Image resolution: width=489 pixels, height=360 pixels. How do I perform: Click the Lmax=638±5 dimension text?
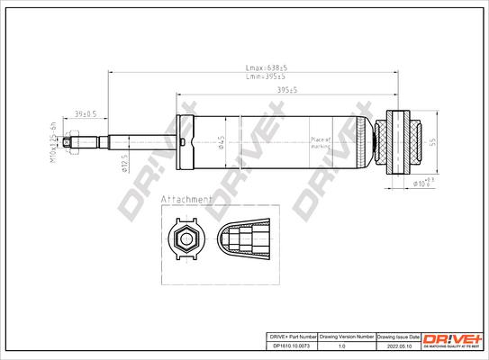pyautogui.click(x=267, y=68)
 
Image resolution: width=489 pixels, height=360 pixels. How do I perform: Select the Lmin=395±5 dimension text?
pyautogui.click(x=267, y=78)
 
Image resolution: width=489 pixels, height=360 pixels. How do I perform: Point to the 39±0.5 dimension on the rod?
pyautogui.click(x=86, y=114)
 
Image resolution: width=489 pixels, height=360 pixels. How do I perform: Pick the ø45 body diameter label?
pyautogui.click(x=222, y=141)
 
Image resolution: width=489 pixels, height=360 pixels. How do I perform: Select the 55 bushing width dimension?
pyautogui.click(x=434, y=142)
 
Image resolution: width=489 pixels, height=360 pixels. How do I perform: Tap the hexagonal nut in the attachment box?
pyautogui.click(x=186, y=240)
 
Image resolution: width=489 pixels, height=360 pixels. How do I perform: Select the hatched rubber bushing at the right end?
pyautogui.click(x=397, y=141)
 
